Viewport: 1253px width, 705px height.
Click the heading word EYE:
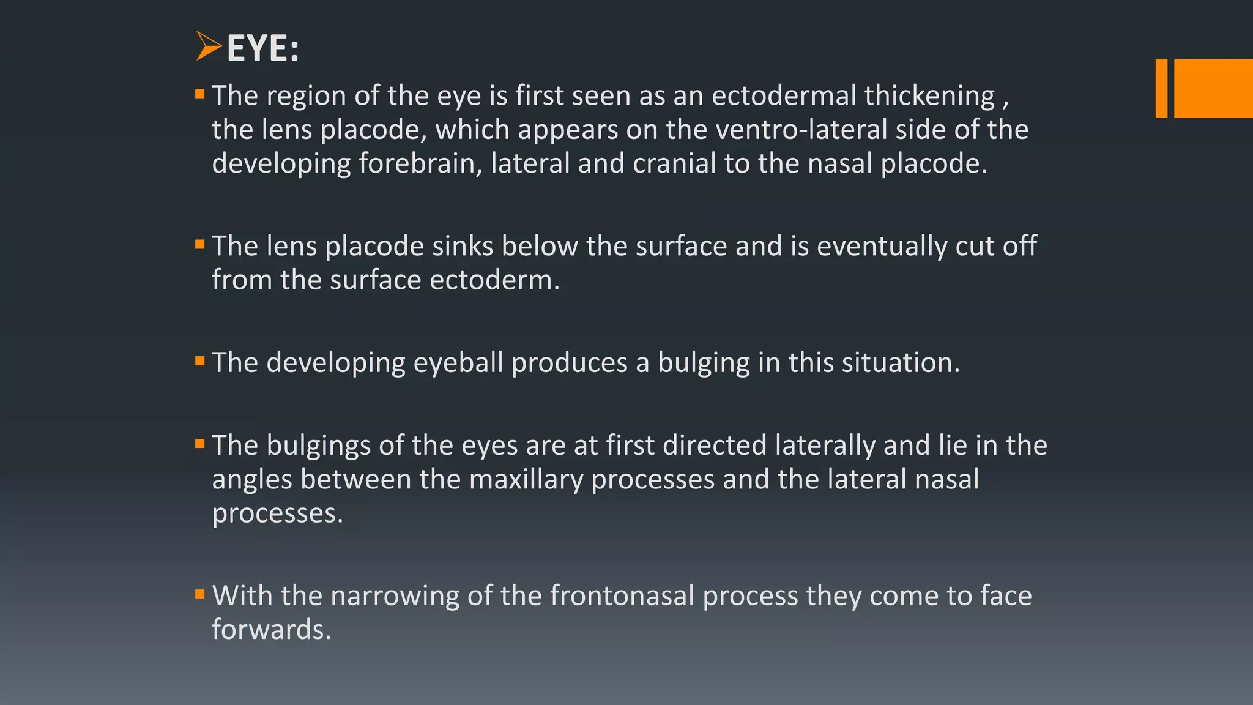coord(262,48)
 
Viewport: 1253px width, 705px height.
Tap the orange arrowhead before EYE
coord(208,47)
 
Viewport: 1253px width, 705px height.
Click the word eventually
coord(882,247)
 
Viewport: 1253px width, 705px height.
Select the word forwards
coord(271,630)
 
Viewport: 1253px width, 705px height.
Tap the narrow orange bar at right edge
coord(1161,88)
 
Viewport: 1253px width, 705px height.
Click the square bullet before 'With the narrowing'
coord(199,594)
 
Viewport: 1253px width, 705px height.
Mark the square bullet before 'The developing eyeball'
coord(199,361)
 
